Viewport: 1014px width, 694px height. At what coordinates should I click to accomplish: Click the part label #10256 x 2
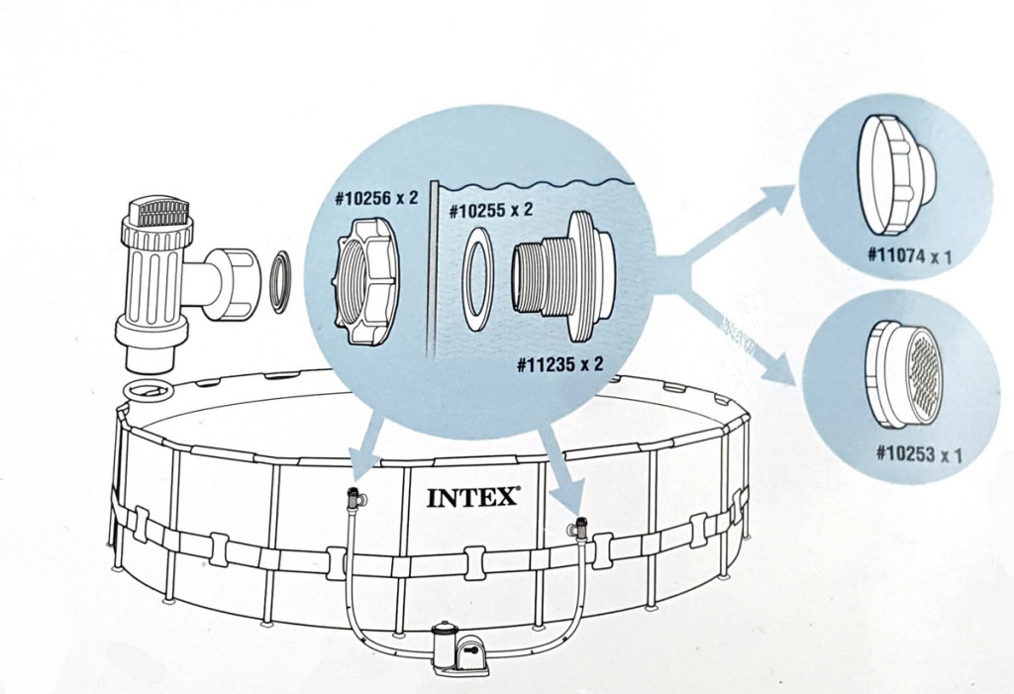(376, 197)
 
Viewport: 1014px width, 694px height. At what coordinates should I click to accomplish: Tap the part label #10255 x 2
(491, 210)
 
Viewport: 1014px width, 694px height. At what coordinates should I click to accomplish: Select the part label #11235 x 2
(559, 363)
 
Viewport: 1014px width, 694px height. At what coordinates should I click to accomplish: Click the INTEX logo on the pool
(473, 496)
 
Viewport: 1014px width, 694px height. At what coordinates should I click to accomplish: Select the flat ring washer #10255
(480, 279)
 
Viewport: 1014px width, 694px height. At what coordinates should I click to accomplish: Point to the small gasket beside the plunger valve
(280, 282)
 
